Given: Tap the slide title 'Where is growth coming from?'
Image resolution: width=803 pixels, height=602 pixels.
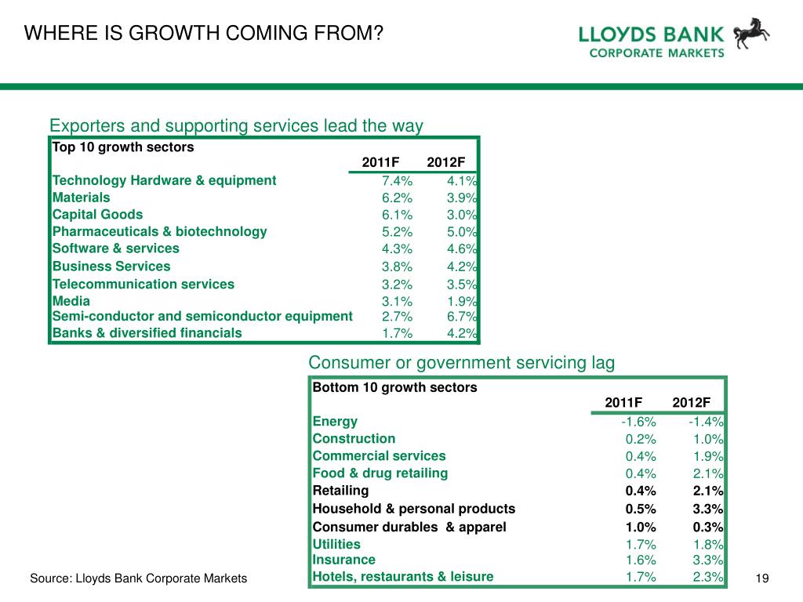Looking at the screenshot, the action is pyautogui.click(x=204, y=33).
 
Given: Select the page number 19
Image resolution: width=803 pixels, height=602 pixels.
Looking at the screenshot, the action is pyautogui.click(x=762, y=578).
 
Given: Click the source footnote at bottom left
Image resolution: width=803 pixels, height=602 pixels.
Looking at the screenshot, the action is pyautogui.click(x=138, y=578).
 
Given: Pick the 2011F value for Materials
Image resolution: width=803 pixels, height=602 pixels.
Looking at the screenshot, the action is pyautogui.click(x=397, y=198).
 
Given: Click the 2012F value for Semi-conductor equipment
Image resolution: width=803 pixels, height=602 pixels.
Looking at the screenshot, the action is pyautogui.click(x=462, y=317).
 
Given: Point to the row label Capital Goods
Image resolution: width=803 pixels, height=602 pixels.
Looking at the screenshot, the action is pyautogui.click(x=97, y=215).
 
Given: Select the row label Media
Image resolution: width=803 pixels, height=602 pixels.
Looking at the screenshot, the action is pyautogui.click(x=71, y=301).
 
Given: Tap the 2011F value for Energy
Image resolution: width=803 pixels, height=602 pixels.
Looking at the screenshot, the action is pyautogui.click(x=638, y=422).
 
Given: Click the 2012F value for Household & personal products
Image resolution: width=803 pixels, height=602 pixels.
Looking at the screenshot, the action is pyautogui.click(x=708, y=509).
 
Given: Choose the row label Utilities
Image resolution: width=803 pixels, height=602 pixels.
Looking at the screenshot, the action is pyautogui.click(x=336, y=544).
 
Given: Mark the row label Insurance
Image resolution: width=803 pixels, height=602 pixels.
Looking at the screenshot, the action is pyautogui.click(x=343, y=560).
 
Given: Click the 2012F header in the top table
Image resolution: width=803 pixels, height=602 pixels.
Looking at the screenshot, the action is pyautogui.click(x=446, y=162).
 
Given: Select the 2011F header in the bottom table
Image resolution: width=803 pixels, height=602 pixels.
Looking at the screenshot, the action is pyautogui.click(x=623, y=402).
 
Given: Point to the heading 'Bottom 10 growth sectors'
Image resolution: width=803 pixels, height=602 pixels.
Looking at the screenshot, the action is pyautogui.click(x=395, y=387).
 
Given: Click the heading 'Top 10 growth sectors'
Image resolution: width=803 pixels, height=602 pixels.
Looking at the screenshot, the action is pyautogui.click(x=123, y=147).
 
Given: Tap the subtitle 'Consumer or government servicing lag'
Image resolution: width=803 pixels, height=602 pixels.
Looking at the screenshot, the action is pyautogui.click(x=461, y=363).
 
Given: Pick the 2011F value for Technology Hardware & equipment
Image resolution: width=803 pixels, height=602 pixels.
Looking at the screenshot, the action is pyautogui.click(x=397, y=181).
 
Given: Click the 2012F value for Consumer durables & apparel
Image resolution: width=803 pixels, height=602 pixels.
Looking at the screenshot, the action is pyautogui.click(x=708, y=528).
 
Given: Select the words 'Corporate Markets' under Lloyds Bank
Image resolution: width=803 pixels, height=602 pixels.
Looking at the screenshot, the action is pyautogui.click(x=656, y=53).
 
